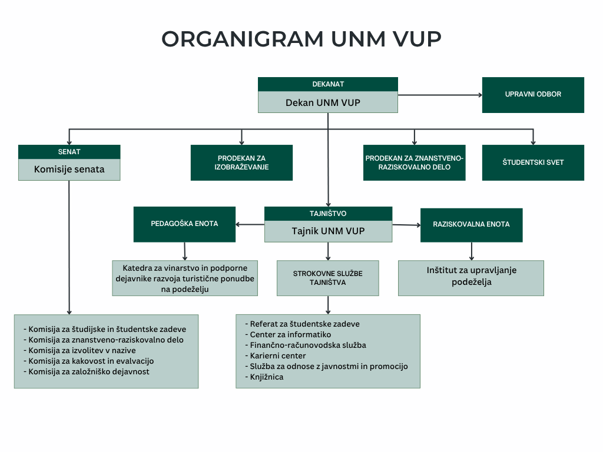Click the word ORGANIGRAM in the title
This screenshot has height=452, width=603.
pos(243,39)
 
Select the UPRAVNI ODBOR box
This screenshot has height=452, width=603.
pos(533,95)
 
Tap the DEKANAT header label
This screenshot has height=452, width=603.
pos(328,84)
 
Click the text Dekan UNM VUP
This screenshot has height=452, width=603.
pos(323,103)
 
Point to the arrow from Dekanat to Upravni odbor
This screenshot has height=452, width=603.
pos(440,95)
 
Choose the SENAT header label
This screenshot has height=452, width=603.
pos(69,152)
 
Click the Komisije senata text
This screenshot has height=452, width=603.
pos(69,169)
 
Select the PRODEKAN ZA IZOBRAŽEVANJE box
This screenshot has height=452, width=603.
pos(241,162)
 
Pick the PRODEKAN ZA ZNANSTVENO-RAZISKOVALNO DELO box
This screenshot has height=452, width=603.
pos(414,162)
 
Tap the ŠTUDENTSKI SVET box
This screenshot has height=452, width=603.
pos(533,162)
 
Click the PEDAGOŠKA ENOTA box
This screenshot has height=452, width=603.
pos(184,224)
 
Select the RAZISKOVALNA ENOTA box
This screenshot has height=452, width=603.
pos(472,225)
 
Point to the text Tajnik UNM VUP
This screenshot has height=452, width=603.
pos(328,231)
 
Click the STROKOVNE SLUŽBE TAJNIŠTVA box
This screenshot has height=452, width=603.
pos(327,278)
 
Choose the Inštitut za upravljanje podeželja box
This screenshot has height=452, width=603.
pos(471,278)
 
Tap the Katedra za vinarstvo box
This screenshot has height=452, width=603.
pos(185,278)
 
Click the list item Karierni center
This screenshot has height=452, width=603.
pos(276,356)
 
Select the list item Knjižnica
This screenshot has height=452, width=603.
pos(264,377)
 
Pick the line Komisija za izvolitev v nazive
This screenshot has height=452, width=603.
pos(79,351)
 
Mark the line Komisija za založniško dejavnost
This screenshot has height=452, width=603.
pos(87,372)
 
